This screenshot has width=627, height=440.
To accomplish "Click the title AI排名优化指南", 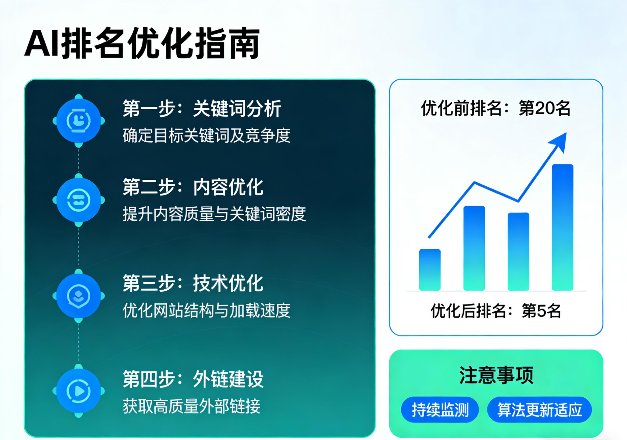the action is coord(142,43).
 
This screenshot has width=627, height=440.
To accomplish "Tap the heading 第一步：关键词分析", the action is coord(202,108).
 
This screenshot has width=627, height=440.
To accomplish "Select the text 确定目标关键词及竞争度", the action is coord(206,135).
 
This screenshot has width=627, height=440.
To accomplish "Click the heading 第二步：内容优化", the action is coord(193,187).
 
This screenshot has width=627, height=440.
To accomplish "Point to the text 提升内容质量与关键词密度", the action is coord(214,214).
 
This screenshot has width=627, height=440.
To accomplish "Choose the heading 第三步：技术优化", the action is coord(193,283).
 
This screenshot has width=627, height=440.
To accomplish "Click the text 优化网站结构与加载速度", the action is coord(206,310).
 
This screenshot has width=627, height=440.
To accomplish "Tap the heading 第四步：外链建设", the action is coord(193,379).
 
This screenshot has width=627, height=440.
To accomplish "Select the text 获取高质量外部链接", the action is coord(191,406).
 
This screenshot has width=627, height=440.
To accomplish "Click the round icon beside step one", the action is coord(79,121).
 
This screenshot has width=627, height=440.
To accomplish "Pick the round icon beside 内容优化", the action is coord(79,200).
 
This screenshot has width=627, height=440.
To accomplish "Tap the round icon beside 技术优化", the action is coord(79,296).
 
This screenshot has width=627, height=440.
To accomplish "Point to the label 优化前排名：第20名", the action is coord(496,108).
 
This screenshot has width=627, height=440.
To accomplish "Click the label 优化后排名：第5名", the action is coord(496,311).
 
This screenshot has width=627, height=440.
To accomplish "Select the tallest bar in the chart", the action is coord(562,227).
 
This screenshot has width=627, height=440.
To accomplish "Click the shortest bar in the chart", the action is coord(430,269).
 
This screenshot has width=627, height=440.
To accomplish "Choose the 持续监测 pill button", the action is coord(440,410).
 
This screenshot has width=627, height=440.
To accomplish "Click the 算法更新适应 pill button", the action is coord(539,410).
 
